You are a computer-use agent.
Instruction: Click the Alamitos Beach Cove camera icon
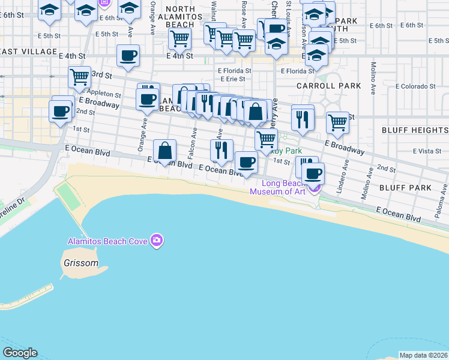157,241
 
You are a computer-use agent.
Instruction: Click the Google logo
20,353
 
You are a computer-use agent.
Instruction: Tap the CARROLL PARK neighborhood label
329,86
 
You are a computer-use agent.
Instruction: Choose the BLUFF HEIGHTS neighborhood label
415,130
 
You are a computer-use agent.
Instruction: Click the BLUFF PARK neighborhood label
405,188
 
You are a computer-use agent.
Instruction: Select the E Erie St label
232,79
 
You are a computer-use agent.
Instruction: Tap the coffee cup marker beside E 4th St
128,57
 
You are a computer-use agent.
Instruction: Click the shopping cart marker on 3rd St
79,77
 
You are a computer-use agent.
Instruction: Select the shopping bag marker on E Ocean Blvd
164,151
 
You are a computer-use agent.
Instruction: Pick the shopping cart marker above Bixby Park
266,139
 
